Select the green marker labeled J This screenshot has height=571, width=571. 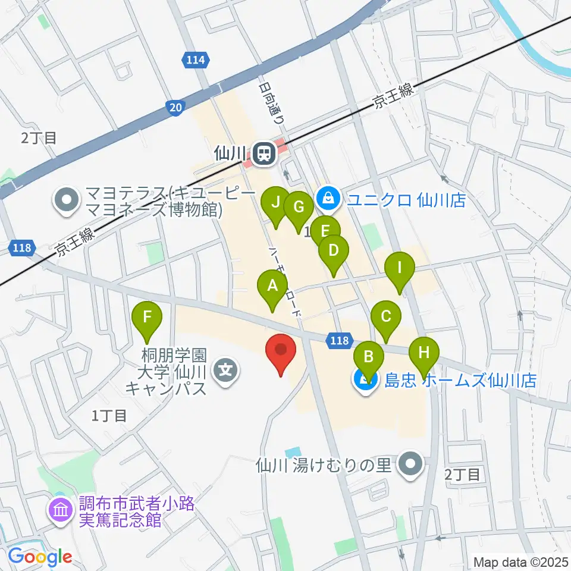click(x=275, y=203)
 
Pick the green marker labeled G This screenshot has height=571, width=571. click(x=299, y=208)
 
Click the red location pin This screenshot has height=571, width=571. click(x=281, y=351)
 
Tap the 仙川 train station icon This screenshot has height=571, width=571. click(x=262, y=155)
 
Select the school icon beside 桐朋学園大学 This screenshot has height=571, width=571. click(x=227, y=372)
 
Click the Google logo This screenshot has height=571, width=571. click(x=40, y=557)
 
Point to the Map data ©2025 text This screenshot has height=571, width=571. click(x=520, y=561)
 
